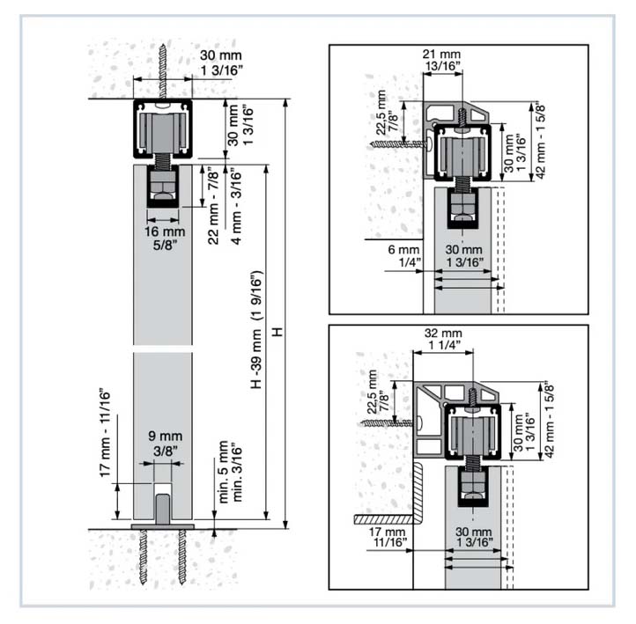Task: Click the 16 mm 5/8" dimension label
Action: pos(165,238)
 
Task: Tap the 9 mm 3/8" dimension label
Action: pos(165,443)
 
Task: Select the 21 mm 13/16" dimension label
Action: pos(441,60)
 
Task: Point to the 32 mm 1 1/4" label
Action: pos(443,339)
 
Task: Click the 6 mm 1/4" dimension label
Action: pos(404,256)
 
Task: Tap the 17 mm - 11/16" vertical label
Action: pos(105,433)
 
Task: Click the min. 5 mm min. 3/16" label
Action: pos(230,472)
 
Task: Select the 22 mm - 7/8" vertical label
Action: pos(213,208)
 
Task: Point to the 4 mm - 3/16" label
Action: pos(236,207)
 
